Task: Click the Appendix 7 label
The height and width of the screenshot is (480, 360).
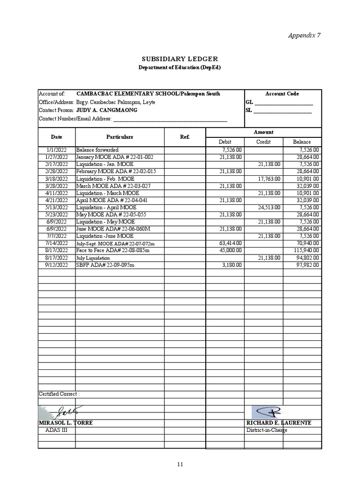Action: [x=304, y=35]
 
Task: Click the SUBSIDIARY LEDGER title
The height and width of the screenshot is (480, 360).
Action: [x=180, y=59]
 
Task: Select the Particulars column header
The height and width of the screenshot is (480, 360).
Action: [x=120, y=137]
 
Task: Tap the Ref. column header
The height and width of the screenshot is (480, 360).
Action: [x=185, y=137]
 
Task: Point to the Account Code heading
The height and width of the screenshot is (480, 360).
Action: [x=282, y=94]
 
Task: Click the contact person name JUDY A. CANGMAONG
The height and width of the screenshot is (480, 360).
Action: [x=107, y=110]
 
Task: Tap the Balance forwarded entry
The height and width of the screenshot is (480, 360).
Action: [x=97, y=150]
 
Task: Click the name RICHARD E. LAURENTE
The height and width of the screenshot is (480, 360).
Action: [x=278, y=423]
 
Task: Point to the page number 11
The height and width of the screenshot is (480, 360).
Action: [x=180, y=465]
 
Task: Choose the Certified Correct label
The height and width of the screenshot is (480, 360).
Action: [x=59, y=394]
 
